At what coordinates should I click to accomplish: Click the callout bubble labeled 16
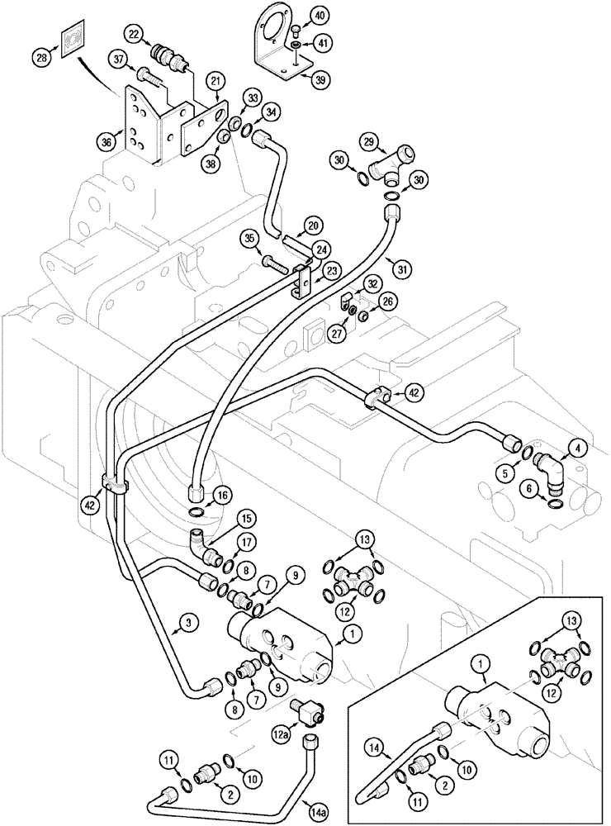pos(220,495)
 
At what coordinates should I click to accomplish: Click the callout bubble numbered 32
pos(373,282)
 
